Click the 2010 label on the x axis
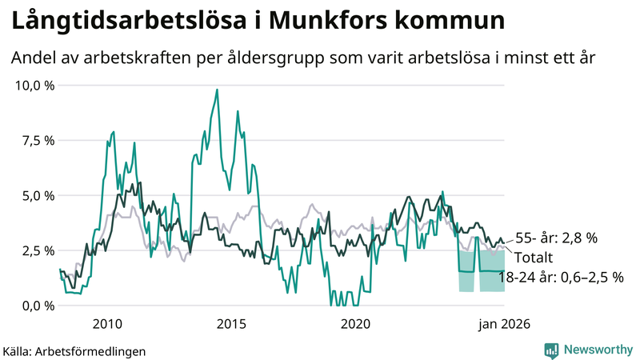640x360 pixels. pyautogui.click(x=107, y=324)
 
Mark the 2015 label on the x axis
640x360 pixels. pyautogui.click(x=231, y=324)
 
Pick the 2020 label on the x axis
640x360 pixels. pyautogui.click(x=355, y=324)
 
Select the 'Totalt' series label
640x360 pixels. pyautogui.click(x=534, y=257)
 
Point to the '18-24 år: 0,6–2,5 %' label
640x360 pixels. pyautogui.click(x=561, y=277)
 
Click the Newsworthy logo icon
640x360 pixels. pyautogui.click(x=551, y=350)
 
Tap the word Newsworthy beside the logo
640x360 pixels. pyautogui.click(x=597, y=350)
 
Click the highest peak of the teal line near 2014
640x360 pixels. pyautogui.click(x=217, y=90)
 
